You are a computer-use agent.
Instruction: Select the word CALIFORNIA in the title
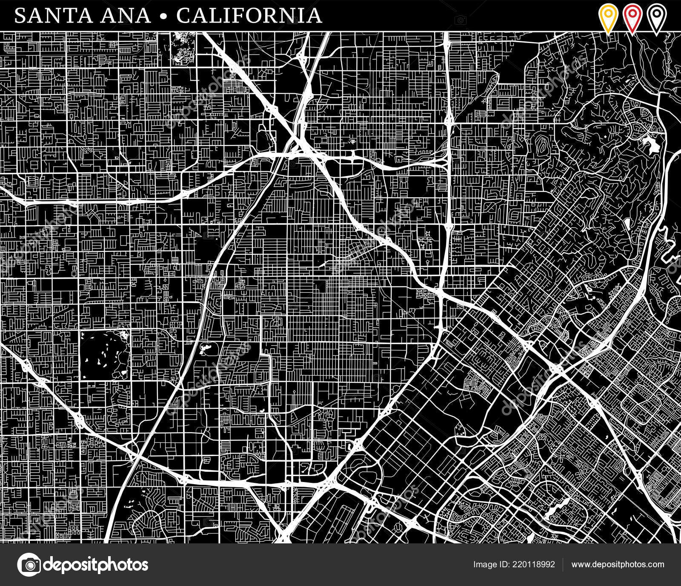pyautogui.click(x=249, y=16)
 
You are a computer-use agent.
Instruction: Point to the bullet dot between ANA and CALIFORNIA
pyautogui.click(x=164, y=16)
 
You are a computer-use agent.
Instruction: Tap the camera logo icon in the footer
pyautogui.click(x=29, y=565)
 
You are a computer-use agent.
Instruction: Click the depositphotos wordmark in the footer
pyautogui.click(x=96, y=565)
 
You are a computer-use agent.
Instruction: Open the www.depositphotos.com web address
pyautogui.click(x=618, y=565)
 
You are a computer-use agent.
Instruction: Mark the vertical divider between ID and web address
pyautogui.click(x=563, y=565)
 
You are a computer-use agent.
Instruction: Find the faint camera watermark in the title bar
pyautogui.click(x=460, y=20)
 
